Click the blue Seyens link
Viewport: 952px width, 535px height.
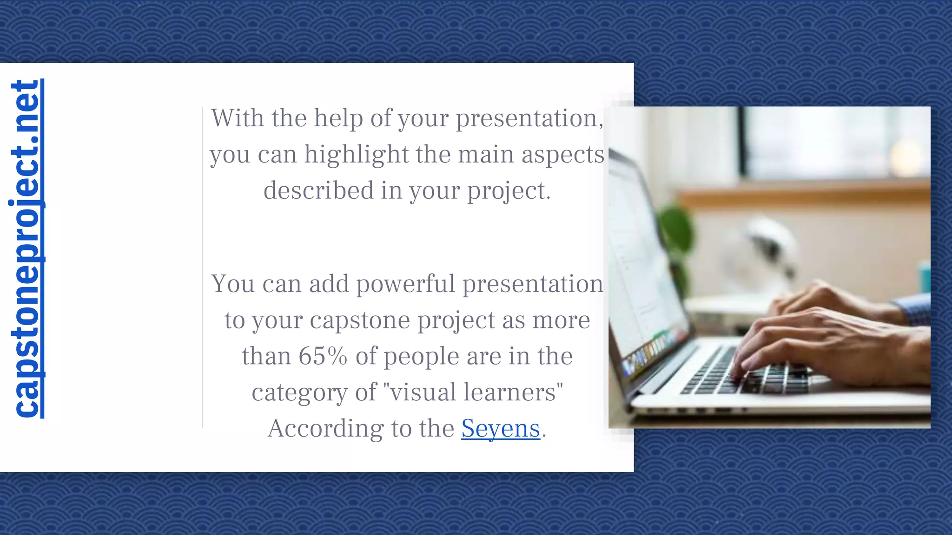501,428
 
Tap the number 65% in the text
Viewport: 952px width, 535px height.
323,356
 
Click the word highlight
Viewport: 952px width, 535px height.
356,155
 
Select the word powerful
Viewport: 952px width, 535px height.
405,284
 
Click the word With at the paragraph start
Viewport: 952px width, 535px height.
238,118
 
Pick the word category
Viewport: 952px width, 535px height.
299,392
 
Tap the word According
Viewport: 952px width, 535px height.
325,428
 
